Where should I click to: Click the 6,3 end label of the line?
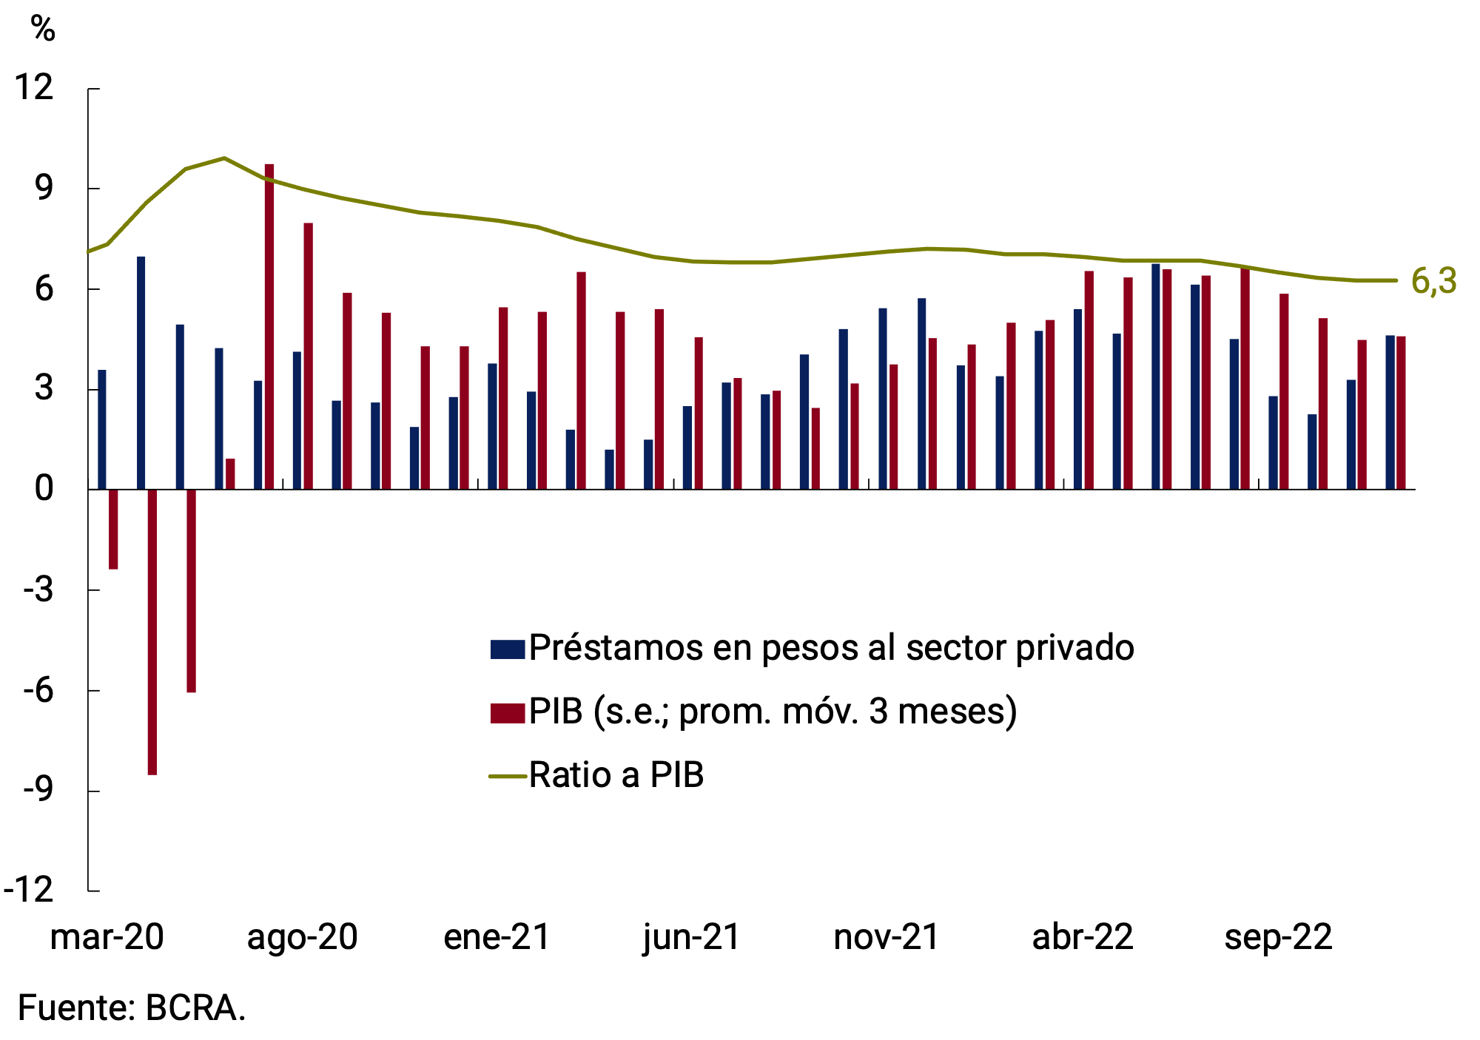tap(1433, 281)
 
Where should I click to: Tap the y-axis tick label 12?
tap(35, 88)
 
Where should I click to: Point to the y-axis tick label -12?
tap(30, 889)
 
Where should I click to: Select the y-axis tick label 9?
tap(44, 188)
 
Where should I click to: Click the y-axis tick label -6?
tap(38, 690)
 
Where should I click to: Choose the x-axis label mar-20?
tap(107, 937)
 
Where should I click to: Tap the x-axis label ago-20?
tap(302, 937)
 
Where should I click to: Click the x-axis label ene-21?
tap(497, 937)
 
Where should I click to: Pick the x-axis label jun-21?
tap(692, 937)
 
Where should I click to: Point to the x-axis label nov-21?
tap(887, 937)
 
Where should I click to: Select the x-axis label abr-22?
tap(1083, 937)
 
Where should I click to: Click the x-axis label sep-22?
tap(1278, 937)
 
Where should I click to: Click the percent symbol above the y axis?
tap(43, 29)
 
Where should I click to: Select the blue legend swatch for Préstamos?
tap(507, 649)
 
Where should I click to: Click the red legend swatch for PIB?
tap(507, 712)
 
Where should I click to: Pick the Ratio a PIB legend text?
tap(616, 775)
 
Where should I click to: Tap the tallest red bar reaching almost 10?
tap(269, 326)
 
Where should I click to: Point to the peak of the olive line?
tap(224, 158)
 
